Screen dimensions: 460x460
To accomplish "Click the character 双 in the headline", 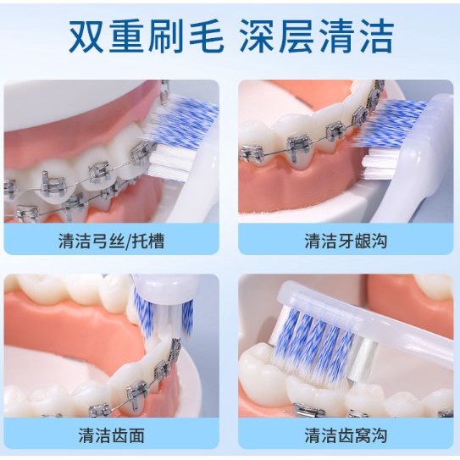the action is coord(86,36).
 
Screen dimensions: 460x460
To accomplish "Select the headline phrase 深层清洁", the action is coord(317,36).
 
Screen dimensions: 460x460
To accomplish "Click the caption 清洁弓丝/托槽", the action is coord(112,241).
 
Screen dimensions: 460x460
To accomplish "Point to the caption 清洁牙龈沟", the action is coord(346,241).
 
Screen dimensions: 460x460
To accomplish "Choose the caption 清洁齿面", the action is coord(112,435).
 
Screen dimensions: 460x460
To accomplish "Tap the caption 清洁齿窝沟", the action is coord(346,435).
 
